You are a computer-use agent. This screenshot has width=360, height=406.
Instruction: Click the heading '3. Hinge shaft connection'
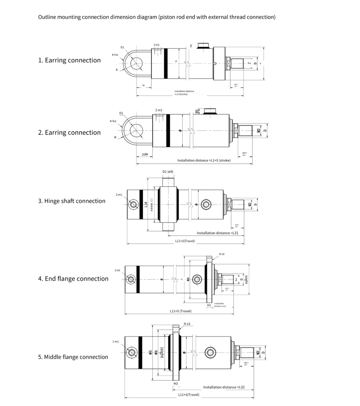coord(72,201)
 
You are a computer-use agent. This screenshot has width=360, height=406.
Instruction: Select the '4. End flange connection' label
coord(73,279)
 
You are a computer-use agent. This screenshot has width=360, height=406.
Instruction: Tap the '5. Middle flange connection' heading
coord(73,357)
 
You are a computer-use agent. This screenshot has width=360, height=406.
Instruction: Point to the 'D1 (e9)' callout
coord(168,172)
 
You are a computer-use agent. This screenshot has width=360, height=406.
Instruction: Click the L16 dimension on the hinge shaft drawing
coord(146,205)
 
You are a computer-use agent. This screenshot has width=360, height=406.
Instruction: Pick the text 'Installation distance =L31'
coord(217,233)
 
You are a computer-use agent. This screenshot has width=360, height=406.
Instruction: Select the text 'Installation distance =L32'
coord(227,387)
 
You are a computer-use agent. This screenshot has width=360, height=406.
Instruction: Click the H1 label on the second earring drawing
coord(197,111)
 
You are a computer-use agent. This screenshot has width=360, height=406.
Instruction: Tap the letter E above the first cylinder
coord(191,46)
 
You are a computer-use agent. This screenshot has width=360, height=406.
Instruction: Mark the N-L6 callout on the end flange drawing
coord(222,254)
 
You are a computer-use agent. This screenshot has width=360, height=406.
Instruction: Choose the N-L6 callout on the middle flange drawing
coord(187,324)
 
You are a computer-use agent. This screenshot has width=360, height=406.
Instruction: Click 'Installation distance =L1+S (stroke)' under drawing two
coord(204,161)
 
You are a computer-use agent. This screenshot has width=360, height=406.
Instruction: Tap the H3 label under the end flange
coord(209,305)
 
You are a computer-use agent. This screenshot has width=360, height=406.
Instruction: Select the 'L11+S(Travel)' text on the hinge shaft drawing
coord(185,241)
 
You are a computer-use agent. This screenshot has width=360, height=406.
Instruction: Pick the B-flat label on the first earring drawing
coord(115,55)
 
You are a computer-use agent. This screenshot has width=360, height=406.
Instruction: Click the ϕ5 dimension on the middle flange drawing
coord(151,352)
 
